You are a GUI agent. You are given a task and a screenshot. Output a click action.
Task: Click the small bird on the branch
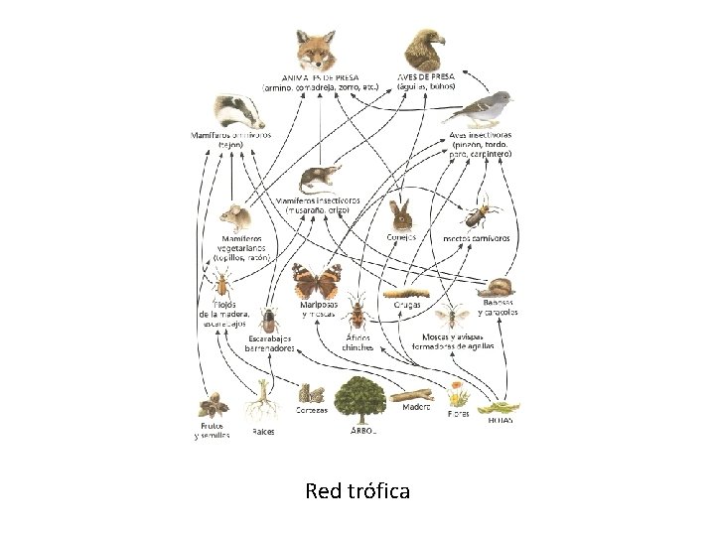click(x=489, y=109)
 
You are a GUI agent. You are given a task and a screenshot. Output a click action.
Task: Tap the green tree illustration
click(x=357, y=394)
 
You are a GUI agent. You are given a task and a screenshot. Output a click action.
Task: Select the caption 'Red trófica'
click(x=357, y=490)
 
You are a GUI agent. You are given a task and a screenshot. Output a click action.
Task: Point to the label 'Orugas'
click(x=407, y=305)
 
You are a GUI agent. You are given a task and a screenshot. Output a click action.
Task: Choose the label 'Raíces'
click(x=263, y=432)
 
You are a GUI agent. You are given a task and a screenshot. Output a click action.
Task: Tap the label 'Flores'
click(x=459, y=413)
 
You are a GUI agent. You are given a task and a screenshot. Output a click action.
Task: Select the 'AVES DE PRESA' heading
click(x=427, y=76)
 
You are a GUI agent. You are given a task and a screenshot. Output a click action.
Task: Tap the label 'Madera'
click(x=417, y=405)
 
